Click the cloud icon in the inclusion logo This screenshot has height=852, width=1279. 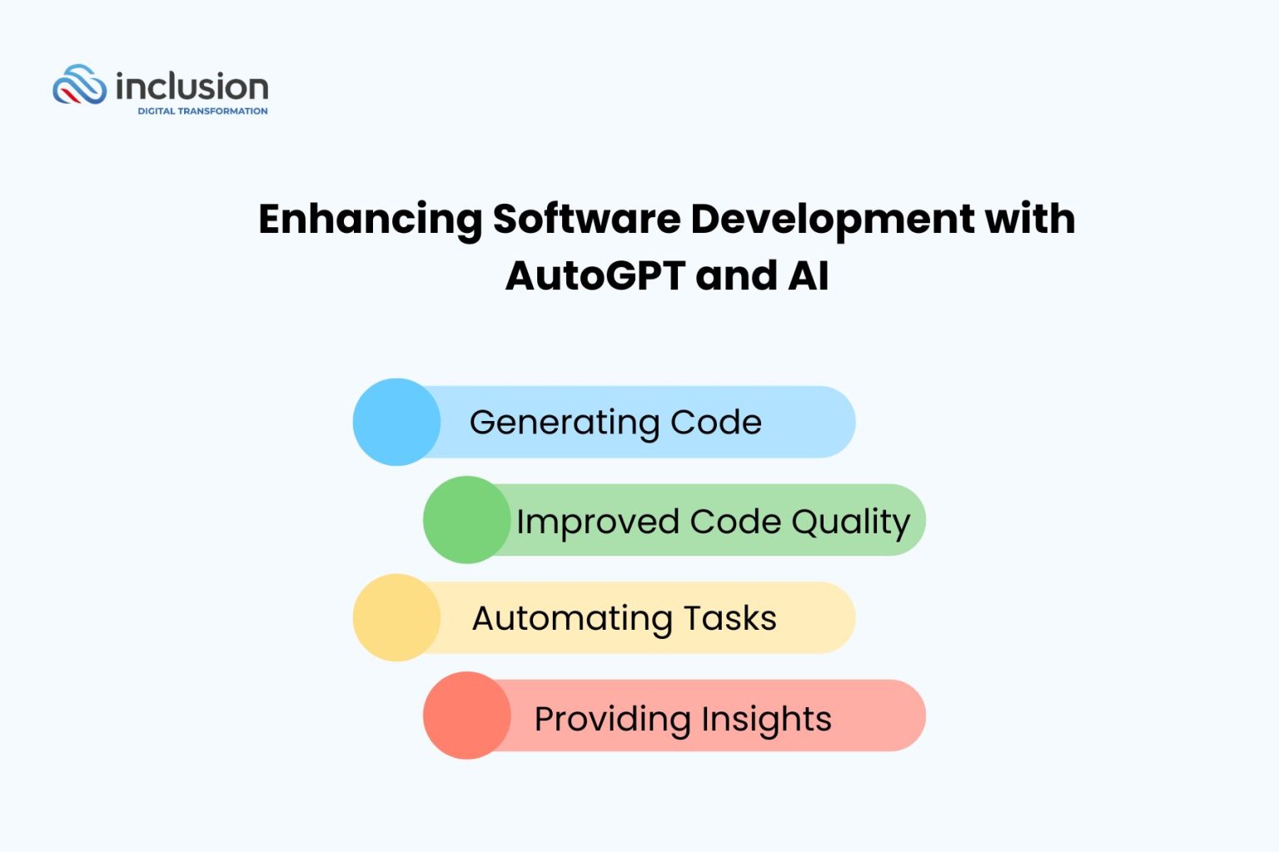point(79,85)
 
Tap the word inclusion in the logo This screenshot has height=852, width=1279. point(192,87)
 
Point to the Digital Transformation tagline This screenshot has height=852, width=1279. point(202,111)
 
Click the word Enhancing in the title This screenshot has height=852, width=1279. point(370,220)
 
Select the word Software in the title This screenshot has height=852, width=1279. point(586,219)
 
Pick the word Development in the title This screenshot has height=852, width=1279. point(832,220)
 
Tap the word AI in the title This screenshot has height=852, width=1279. point(808,275)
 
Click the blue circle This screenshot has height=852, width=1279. point(396,422)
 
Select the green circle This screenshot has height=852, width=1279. point(466,520)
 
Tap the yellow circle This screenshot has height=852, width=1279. point(396,617)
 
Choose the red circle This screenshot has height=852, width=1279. point(466,716)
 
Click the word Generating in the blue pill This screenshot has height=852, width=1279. point(564,423)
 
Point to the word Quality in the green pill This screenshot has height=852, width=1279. point(850,523)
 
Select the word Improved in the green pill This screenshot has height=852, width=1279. point(597,523)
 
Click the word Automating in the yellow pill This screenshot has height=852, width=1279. point(572,619)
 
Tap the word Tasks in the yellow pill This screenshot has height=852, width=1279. point(729,619)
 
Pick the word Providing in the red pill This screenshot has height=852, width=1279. point(611,719)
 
